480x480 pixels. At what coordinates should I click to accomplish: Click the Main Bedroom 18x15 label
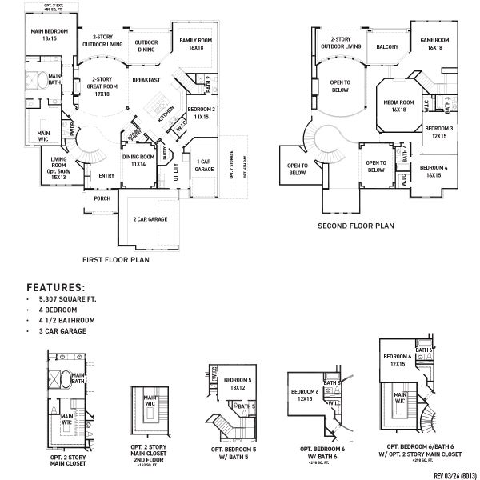pos(50,34)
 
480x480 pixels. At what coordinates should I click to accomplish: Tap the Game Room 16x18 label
pos(435,44)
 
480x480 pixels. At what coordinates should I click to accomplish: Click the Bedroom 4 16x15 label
pos(434,170)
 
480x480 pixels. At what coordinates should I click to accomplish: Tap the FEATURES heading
pos(56,286)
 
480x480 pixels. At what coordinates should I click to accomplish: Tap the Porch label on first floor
pos(102,198)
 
